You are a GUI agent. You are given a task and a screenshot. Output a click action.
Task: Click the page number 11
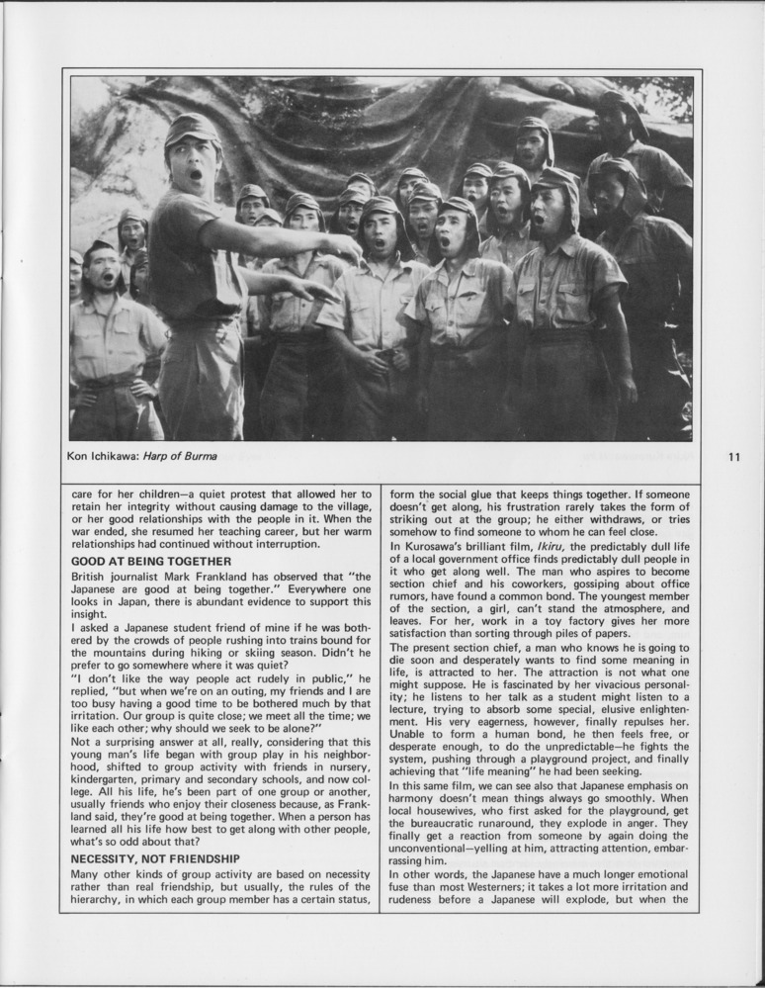point(733,457)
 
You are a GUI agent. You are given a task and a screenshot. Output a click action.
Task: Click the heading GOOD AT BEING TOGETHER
point(151,561)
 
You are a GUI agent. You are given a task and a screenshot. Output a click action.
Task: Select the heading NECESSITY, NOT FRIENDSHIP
point(155,857)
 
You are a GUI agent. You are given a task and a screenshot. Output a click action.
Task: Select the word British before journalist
point(92,576)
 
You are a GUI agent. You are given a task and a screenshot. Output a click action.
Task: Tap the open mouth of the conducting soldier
point(196,175)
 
